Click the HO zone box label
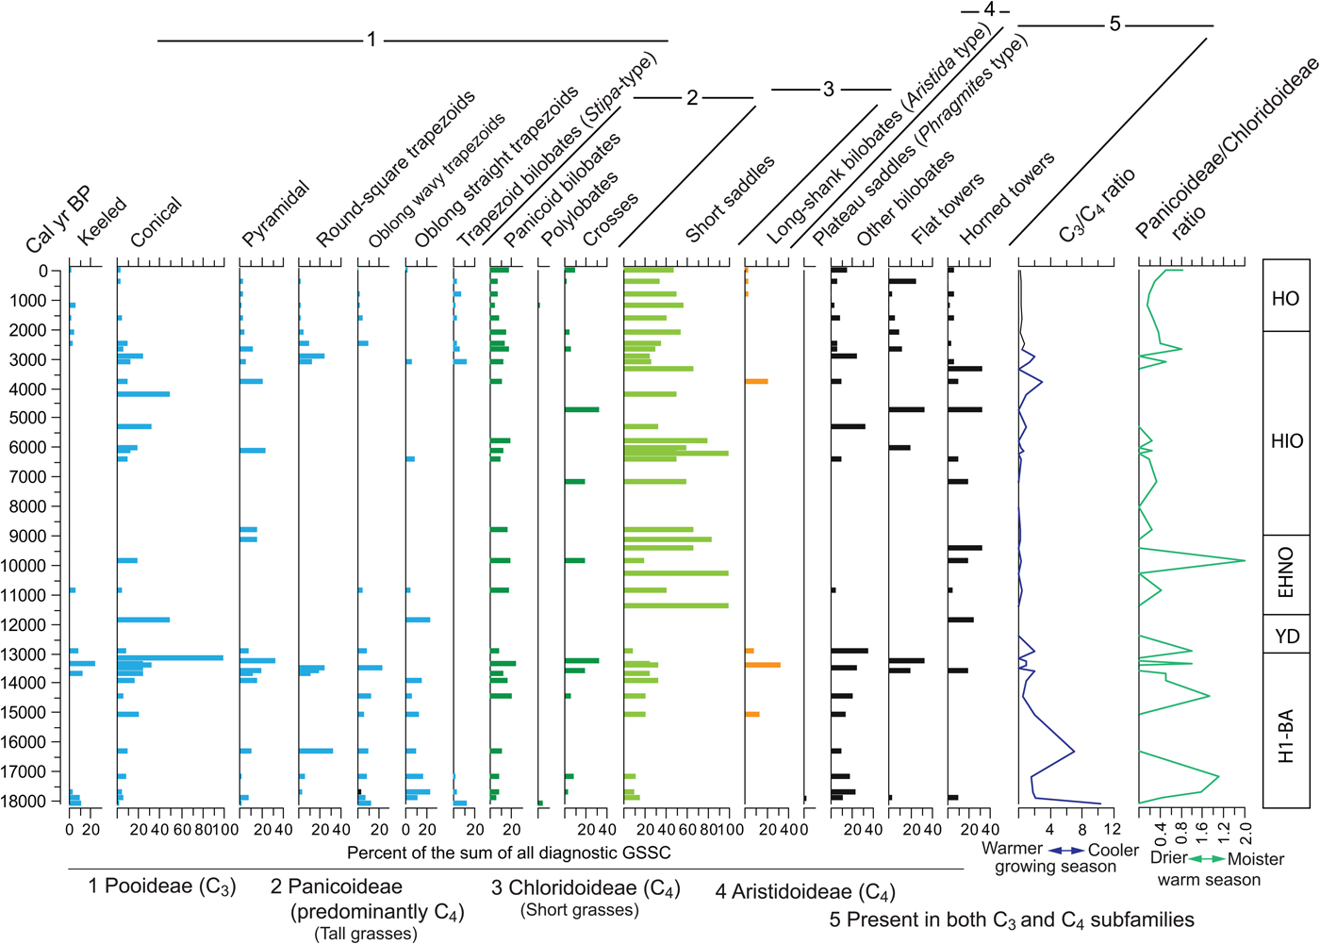point(1285,299)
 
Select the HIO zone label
point(1286,440)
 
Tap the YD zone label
point(1287,637)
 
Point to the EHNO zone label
point(1286,572)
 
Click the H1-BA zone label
point(1286,736)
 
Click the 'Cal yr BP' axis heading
point(58,221)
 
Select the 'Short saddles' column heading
point(730,199)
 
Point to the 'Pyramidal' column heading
point(275,214)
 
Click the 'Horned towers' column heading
point(1007,199)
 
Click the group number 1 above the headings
point(371,40)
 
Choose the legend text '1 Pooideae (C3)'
point(162,886)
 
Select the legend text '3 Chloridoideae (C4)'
point(586,889)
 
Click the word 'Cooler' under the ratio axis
point(1114,850)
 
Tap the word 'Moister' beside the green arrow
point(1256,859)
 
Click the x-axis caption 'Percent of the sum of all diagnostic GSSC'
point(509,853)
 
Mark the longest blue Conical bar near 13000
point(170,657)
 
